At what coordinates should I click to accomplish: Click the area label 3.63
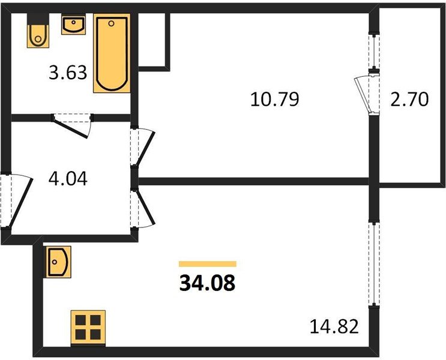pyautogui.click(x=68, y=73)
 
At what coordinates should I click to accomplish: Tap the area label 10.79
pyautogui.click(x=275, y=100)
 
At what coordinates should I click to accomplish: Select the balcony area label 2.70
pyautogui.click(x=409, y=100)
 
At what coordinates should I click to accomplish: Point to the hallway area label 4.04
pyautogui.click(x=68, y=179)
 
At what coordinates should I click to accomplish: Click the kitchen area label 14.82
pyautogui.click(x=334, y=326)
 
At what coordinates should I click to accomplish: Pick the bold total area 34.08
pyautogui.click(x=208, y=284)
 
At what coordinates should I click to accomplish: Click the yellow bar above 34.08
pyautogui.click(x=208, y=264)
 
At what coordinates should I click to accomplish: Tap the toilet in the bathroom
pyautogui.click(x=38, y=31)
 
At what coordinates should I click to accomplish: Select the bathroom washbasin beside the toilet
pyautogui.click(x=73, y=25)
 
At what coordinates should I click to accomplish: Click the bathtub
pyautogui.click(x=112, y=53)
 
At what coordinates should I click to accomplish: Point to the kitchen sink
pyautogui.click(x=59, y=262)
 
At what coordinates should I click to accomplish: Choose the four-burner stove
pyautogui.click(x=88, y=328)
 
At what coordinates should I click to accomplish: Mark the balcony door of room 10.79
pyautogui.click(x=367, y=95)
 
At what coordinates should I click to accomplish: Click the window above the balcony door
pyautogui.click(x=374, y=51)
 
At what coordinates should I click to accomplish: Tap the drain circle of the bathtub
pyautogui.click(x=111, y=23)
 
